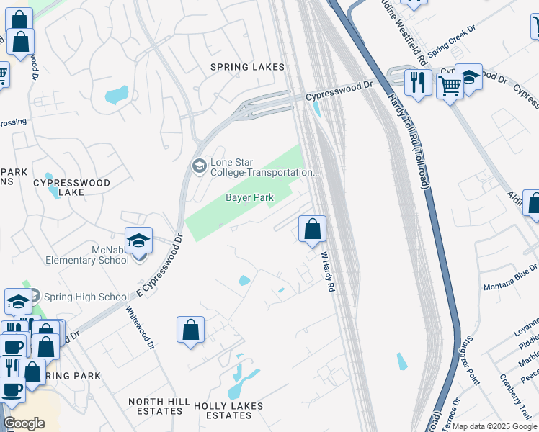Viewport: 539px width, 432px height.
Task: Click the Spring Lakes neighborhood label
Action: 247,67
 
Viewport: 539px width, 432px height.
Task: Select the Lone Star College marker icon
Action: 199,166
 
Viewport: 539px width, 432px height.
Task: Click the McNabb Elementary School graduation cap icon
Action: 139,241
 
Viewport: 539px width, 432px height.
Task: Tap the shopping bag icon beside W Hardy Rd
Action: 312,230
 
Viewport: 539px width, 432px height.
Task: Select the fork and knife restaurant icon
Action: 417,82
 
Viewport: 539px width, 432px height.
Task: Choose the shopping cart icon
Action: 450,86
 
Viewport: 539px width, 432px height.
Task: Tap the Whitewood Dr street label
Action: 141,328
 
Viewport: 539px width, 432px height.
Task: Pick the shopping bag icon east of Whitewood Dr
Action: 190,330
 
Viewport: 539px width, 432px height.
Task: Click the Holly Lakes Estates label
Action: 228,410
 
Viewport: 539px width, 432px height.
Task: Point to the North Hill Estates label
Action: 159,406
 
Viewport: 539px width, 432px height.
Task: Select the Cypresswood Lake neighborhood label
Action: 71,187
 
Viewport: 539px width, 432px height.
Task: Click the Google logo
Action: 24,423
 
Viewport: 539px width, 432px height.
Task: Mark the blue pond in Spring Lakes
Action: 116,95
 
